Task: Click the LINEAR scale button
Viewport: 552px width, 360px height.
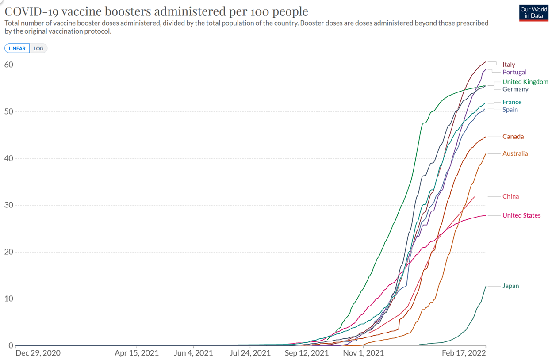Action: pos(17,48)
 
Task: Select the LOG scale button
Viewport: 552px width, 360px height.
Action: pos(38,48)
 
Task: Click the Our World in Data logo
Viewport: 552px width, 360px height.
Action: pos(533,13)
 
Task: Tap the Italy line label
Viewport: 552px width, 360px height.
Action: pos(509,65)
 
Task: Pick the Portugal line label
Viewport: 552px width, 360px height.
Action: pos(514,72)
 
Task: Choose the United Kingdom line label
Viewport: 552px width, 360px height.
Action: pos(525,82)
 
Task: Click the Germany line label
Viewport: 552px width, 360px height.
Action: pos(515,89)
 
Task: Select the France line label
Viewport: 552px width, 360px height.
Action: pos(512,102)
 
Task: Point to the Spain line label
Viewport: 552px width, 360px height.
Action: pos(510,110)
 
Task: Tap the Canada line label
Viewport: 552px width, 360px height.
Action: pos(513,137)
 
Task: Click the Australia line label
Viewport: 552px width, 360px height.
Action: pos(515,153)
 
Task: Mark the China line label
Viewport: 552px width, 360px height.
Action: pos(510,196)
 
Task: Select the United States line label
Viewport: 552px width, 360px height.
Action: pos(521,215)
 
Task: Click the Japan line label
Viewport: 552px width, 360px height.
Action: pos(510,286)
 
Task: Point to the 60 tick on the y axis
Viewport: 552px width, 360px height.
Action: pos(9,65)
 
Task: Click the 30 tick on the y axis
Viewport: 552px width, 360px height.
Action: pos(9,205)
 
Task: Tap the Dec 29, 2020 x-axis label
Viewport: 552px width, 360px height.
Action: pos(38,353)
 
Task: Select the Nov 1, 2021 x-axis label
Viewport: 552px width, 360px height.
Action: pos(363,353)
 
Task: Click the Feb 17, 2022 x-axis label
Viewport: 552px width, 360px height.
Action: pos(464,353)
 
